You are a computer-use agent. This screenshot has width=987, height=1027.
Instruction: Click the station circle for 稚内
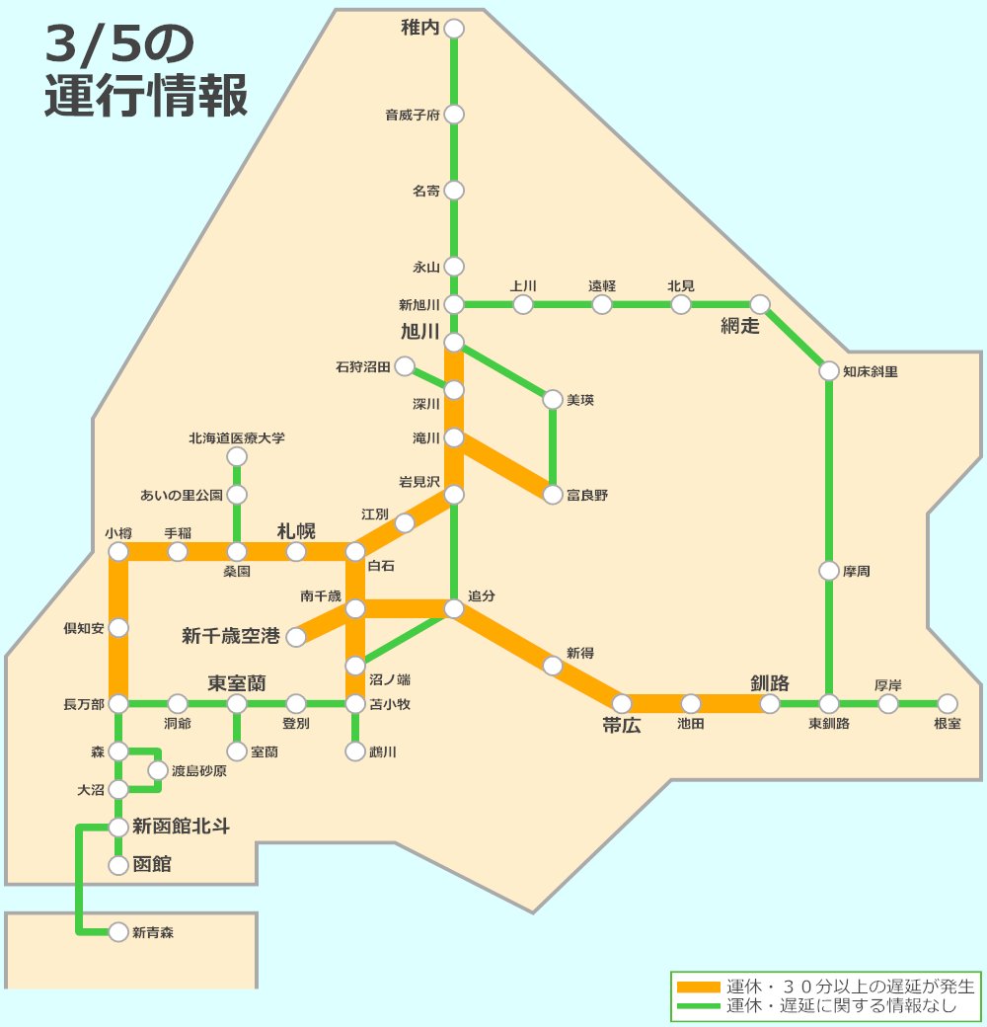pyautogui.click(x=454, y=29)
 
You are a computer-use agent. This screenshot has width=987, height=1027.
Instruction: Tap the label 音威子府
pyautogui.click(x=412, y=115)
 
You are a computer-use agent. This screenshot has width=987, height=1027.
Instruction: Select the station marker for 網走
pyautogui.click(x=760, y=304)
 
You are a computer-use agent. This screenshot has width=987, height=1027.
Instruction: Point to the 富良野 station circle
pyautogui.click(x=553, y=495)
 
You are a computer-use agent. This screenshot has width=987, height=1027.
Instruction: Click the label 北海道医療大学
pyautogui.click(x=237, y=437)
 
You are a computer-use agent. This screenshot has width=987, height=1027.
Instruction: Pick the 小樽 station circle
pyautogui.click(x=118, y=551)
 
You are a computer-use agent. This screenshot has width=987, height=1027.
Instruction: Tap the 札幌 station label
pyautogui.click(x=296, y=531)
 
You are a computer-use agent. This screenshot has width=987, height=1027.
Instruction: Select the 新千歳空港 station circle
pyautogui.click(x=296, y=637)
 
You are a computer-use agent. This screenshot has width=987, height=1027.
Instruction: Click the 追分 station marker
pyautogui.click(x=454, y=609)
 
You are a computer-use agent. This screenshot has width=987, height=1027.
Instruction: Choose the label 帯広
pyautogui.click(x=622, y=726)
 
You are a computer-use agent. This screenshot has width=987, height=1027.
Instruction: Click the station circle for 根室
pyautogui.click(x=948, y=704)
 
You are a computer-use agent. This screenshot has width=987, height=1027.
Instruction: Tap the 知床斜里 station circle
pyautogui.click(x=829, y=371)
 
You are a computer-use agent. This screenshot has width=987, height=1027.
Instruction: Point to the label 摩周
pyautogui.click(x=857, y=571)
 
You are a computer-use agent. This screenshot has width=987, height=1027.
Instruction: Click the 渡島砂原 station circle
pyautogui.click(x=158, y=770)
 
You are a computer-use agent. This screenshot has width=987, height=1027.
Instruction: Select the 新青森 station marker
pyautogui.click(x=118, y=931)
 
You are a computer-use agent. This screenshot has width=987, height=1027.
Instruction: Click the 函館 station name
pyautogui.click(x=152, y=865)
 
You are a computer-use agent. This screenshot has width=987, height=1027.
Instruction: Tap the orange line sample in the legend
pyautogui.click(x=699, y=987)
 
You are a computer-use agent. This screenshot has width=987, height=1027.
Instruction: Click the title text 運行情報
pyautogui.click(x=146, y=98)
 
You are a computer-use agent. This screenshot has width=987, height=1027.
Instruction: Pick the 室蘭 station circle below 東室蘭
pyautogui.click(x=237, y=751)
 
